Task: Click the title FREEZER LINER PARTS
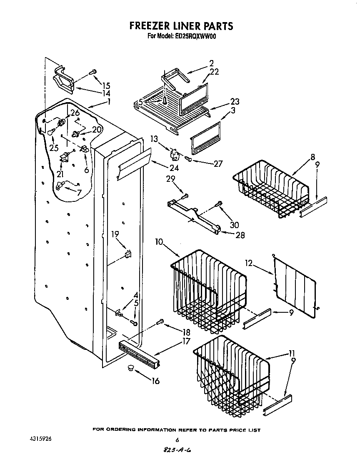click(181, 26)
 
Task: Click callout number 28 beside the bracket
click(240, 235)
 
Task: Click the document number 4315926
click(40, 439)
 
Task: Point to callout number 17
click(186, 341)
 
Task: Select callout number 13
click(155, 139)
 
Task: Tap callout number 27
click(218, 163)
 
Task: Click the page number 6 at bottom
click(177, 439)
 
